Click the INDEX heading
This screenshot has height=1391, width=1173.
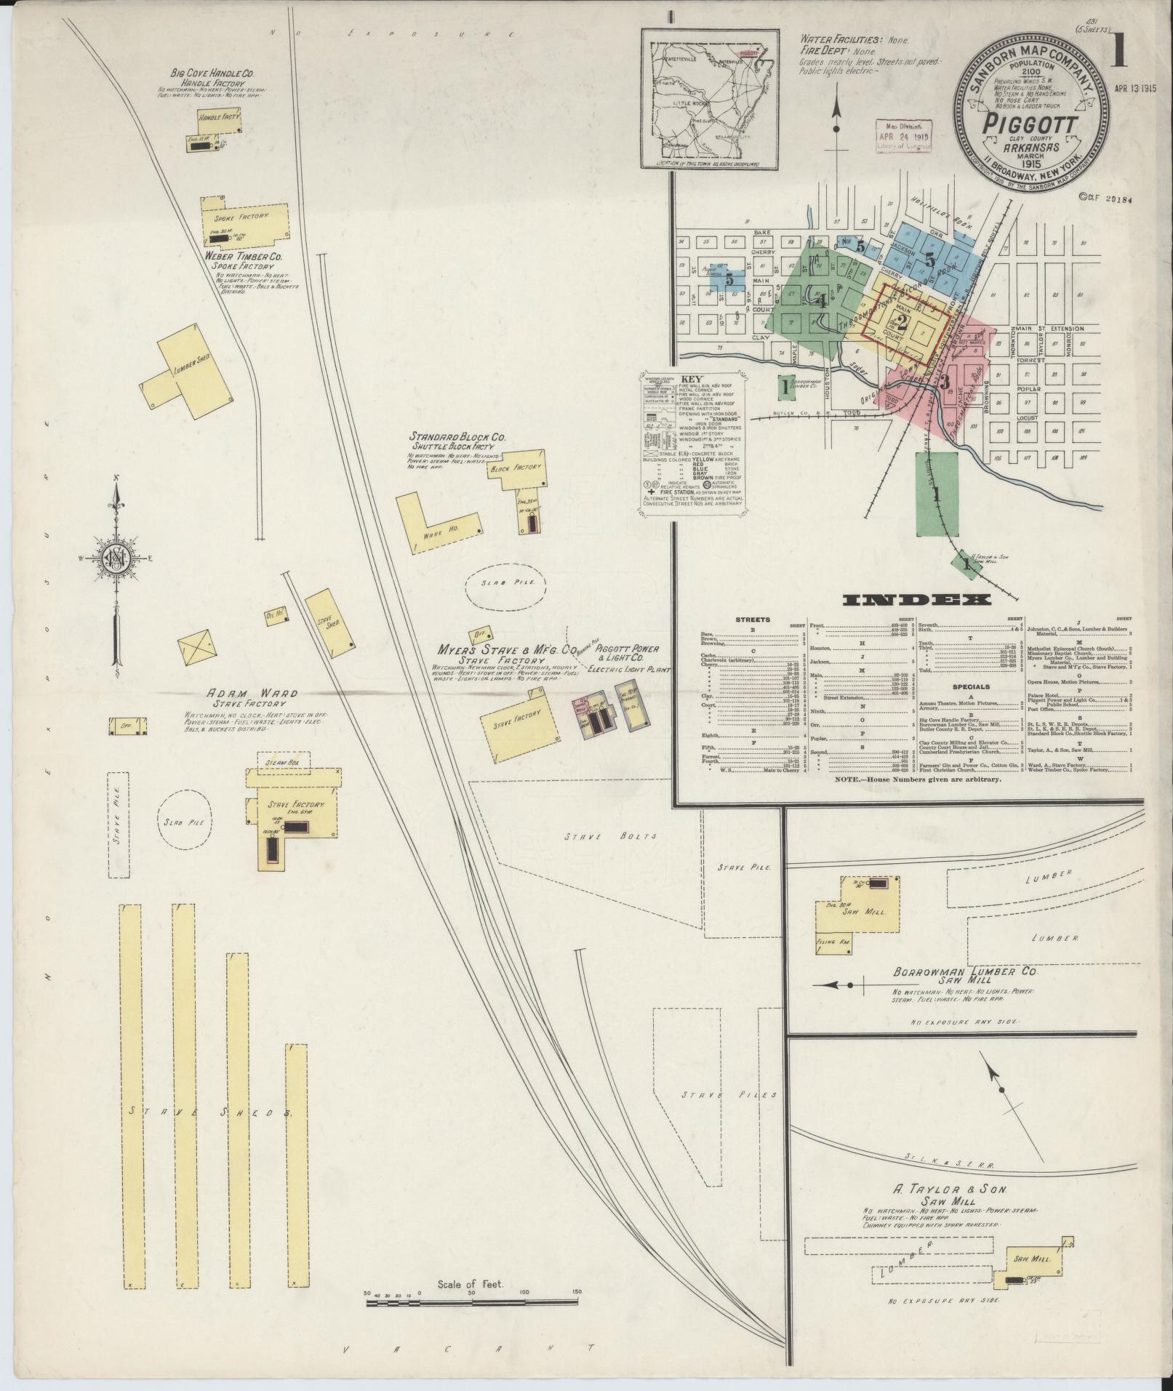[x=916, y=600]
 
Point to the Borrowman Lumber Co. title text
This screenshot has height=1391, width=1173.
[x=965, y=971]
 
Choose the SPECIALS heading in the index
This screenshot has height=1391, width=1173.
[x=969, y=686]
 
